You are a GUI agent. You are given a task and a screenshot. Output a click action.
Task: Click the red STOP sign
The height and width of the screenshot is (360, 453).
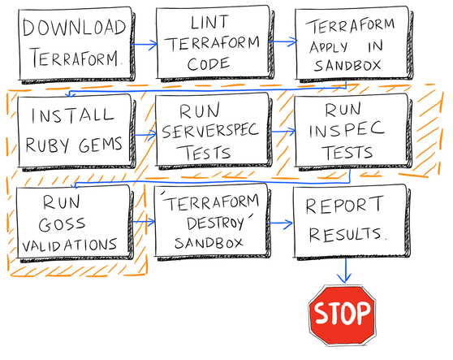(x=341, y=313)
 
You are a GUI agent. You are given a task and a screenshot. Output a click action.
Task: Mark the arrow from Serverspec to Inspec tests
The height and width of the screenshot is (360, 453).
(x=279, y=131)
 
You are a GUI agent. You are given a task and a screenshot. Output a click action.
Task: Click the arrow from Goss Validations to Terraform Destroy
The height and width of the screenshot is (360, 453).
(x=141, y=220)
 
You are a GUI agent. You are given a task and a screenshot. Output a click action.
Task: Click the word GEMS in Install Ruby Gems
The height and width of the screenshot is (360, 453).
(x=103, y=145)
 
